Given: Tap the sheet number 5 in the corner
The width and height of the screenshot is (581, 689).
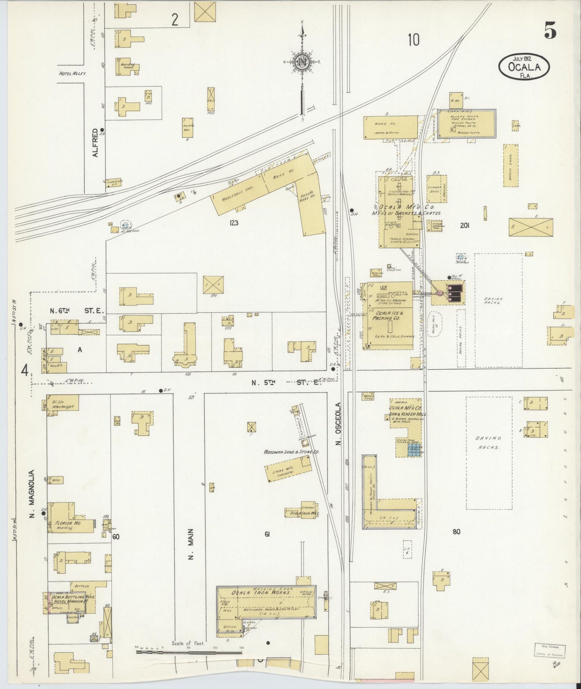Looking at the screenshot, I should [550, 30].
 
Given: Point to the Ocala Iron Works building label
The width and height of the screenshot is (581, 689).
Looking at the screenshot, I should [260, 593].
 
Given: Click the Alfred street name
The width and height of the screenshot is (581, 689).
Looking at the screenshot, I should [96, 142].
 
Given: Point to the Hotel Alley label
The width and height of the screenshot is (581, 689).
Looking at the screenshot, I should [73, 74].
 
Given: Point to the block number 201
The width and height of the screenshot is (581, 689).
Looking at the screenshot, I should [465, 226].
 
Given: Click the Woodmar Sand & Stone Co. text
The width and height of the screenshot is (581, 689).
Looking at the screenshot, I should [291, 452].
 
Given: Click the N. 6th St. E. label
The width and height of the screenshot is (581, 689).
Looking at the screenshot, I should [77, 311].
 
